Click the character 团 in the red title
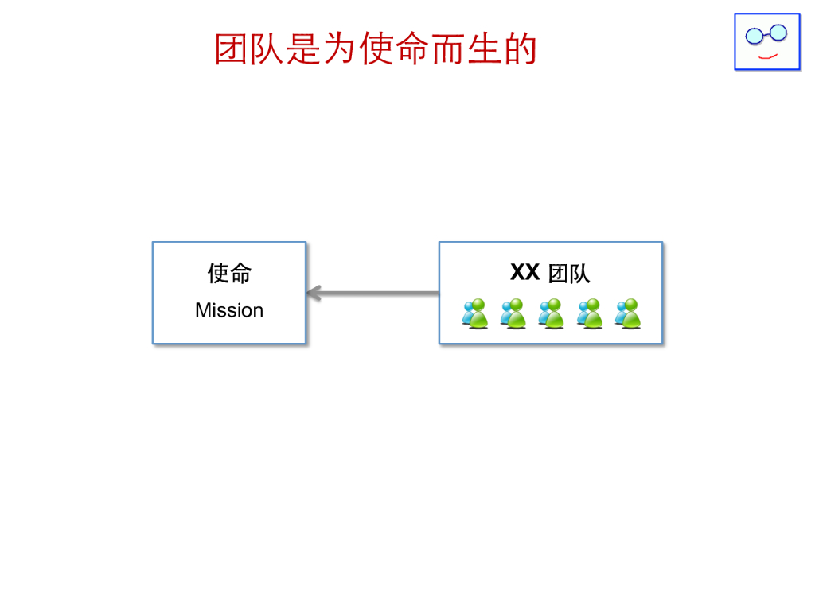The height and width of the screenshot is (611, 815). click(x=232, y=49)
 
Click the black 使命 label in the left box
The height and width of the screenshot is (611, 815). click(x=229, y=273)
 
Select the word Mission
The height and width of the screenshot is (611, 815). click(x=229, y=310)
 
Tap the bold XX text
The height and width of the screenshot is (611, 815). click(x=524, y=273)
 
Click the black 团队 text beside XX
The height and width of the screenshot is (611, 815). click(x=569, y=274)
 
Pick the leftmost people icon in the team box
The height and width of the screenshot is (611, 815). click(x=474, y=313)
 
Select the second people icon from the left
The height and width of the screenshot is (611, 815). click(x=513, y=313)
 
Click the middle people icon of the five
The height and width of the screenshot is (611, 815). click(x=551, y=313)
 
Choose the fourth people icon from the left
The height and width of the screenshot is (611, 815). click(x=589, y=313)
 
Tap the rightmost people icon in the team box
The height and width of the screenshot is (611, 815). click(x=627, y=313)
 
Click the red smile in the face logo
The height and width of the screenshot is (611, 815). click(x=767, y=56)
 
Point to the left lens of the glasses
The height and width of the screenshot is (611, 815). click(x=753, y=35)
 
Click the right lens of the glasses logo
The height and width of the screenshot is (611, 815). click(x=778, y=33)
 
